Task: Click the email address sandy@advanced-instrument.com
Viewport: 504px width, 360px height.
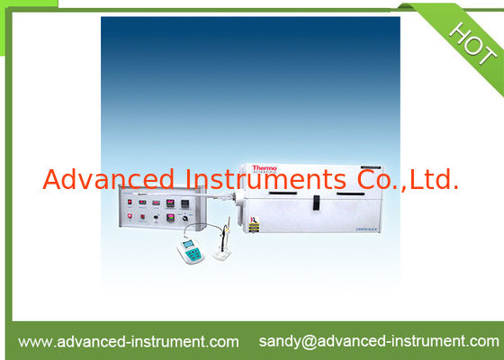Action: (378, 341)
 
